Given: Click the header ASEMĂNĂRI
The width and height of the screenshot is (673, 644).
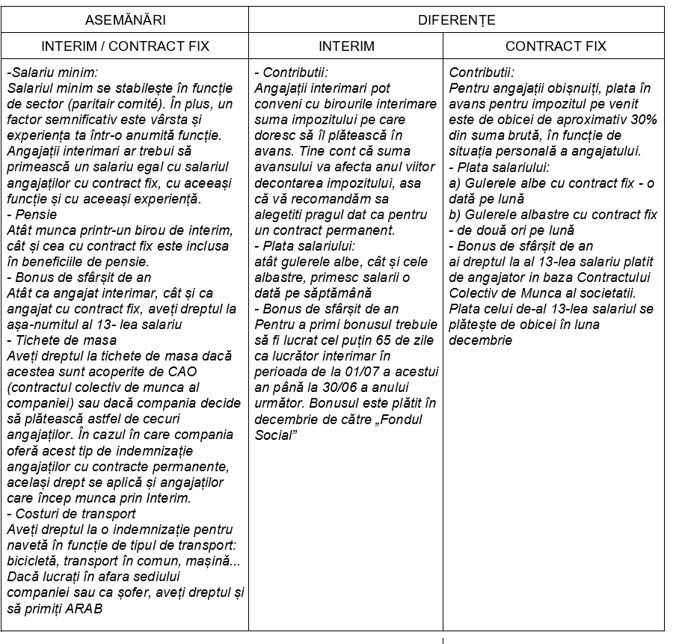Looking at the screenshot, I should pos(126,19).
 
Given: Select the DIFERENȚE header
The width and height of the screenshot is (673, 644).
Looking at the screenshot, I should pos(456,19).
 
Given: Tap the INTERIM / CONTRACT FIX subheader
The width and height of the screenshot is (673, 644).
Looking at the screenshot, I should pos(126,46).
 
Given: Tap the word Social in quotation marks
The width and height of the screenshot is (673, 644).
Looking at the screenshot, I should pos(271,435).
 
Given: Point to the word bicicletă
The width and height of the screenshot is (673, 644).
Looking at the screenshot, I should pos(31,561).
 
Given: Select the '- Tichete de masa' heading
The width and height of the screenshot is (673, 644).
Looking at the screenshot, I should pos(56,340).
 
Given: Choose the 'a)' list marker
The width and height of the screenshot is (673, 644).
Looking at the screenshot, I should pos(455,183).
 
